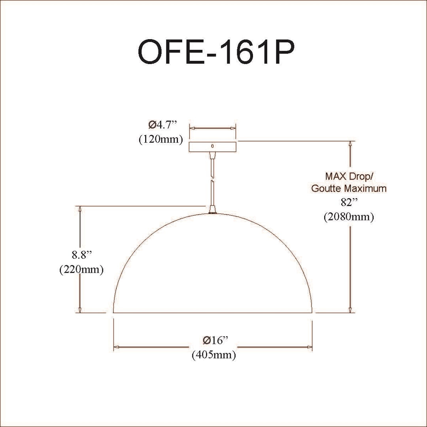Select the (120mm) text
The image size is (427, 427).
click(x=161, y=140)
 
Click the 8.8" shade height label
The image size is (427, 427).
click(x=81, y=255)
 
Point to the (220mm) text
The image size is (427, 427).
click(x=81, y=270)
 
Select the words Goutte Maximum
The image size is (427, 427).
click(x=349, y=189)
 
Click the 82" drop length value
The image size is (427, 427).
click(x=349, y=202)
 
